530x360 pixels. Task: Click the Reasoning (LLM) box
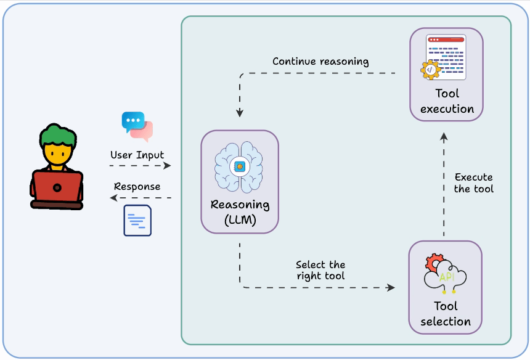(240, 181)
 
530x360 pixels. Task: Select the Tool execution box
(447, 73)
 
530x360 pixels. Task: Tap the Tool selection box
(446, 287)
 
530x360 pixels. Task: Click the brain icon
(240, 166)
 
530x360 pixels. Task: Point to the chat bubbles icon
(137, 126)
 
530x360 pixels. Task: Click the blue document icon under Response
(137, 220)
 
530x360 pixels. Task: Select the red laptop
(57, 188)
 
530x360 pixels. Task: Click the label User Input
(137, 155)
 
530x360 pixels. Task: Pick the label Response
(137, 186)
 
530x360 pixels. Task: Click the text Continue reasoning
(320, 62)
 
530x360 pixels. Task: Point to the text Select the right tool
(320, 270)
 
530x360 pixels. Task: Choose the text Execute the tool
(473, 183)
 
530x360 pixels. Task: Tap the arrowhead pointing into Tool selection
(391, 287)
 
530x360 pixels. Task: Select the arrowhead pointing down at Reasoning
(240, 113)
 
